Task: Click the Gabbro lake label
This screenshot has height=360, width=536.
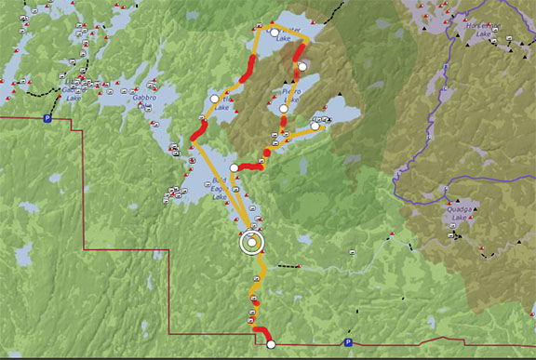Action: coord(141,95)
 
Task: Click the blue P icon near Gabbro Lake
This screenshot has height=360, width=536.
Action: coord(47,118)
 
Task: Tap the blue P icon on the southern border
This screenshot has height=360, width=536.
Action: coord(347,343)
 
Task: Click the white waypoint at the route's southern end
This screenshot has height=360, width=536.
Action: coord(271,345)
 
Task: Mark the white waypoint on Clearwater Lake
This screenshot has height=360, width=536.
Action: coord(275,33)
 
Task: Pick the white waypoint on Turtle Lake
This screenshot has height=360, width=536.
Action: coord(213,98)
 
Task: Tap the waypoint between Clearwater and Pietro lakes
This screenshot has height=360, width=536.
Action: coord(302,67)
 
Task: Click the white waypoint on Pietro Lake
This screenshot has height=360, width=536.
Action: coord(284,109)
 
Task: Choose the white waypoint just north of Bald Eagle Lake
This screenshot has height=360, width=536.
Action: coord(234,168)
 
